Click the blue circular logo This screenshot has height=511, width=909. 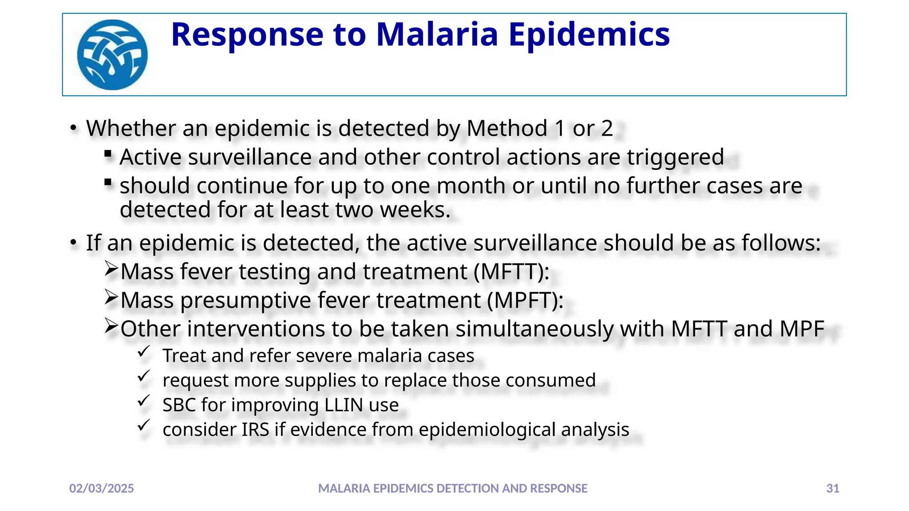pyautogui.click(x=112, y=55)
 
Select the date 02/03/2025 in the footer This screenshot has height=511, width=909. pyautogui.click(x=102, y=488)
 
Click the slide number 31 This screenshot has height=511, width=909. pyautogui.click(x=833, y=488)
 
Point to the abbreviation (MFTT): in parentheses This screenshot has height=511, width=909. pyautogui.click(x=511, y=271)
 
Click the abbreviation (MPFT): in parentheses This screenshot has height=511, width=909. pyautogui.click(x=525, y=300)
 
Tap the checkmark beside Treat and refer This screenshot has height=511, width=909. pyautogui.click(x=143, y=352)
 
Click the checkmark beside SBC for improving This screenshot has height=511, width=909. pyautogui.click(x=143, y=401)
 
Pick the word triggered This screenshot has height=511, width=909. pyautogui.click(x=675, y=157)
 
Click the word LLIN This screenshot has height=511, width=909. pyautogui.click(x=340, y=405)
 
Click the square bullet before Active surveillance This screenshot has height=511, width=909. pyautogui.click(x=108, y=154)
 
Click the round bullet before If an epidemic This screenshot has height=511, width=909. pyautogui.click(x=74, y=243)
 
